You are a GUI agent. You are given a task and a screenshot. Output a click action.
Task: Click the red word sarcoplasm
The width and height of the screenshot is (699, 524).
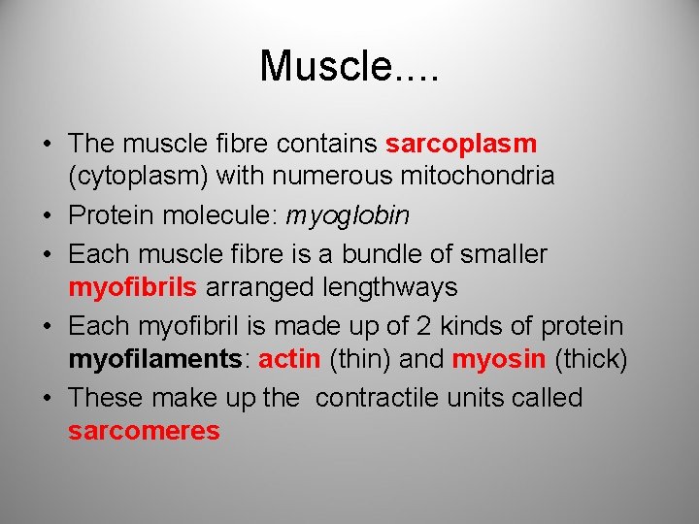pos(461,144)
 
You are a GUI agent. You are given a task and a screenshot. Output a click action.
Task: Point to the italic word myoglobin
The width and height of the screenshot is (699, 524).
pos(347,214)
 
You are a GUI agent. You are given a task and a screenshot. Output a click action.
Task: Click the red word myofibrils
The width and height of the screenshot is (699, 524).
pos(133,287)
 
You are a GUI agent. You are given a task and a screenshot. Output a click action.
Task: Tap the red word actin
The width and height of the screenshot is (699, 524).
pos(290,359)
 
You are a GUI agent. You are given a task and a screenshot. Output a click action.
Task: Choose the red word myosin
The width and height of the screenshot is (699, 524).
pos(499,359)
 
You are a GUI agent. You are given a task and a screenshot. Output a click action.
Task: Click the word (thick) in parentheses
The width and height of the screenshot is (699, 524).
pos(591,359)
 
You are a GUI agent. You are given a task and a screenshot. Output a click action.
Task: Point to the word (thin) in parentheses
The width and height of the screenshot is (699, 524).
pos(361,359)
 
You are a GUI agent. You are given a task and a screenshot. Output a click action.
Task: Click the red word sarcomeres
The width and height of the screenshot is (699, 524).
pos(144,431)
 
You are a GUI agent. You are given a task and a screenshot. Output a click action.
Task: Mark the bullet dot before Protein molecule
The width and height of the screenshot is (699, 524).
pos(47,215)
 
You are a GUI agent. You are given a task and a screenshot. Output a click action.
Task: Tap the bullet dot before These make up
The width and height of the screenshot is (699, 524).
pos(47,399)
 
